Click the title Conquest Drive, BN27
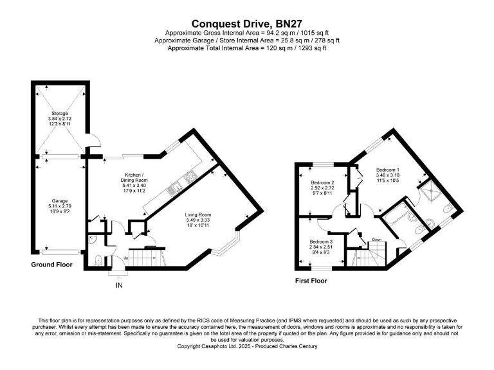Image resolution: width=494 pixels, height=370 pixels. tap(247, 22)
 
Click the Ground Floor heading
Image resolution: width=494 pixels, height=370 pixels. tap(52, 264)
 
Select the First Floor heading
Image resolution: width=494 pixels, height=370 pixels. tap(311, 281)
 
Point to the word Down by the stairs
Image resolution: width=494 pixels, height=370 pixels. tap(376, 240)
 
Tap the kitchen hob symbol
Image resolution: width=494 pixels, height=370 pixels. tap(190, 175)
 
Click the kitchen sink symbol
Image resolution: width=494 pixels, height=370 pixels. tap(174, 189)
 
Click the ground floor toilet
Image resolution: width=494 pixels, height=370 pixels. tap(97, 260)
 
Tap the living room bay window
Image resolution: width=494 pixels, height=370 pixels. tap(229, 247)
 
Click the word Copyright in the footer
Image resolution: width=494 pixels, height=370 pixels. tap(190, 346)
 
